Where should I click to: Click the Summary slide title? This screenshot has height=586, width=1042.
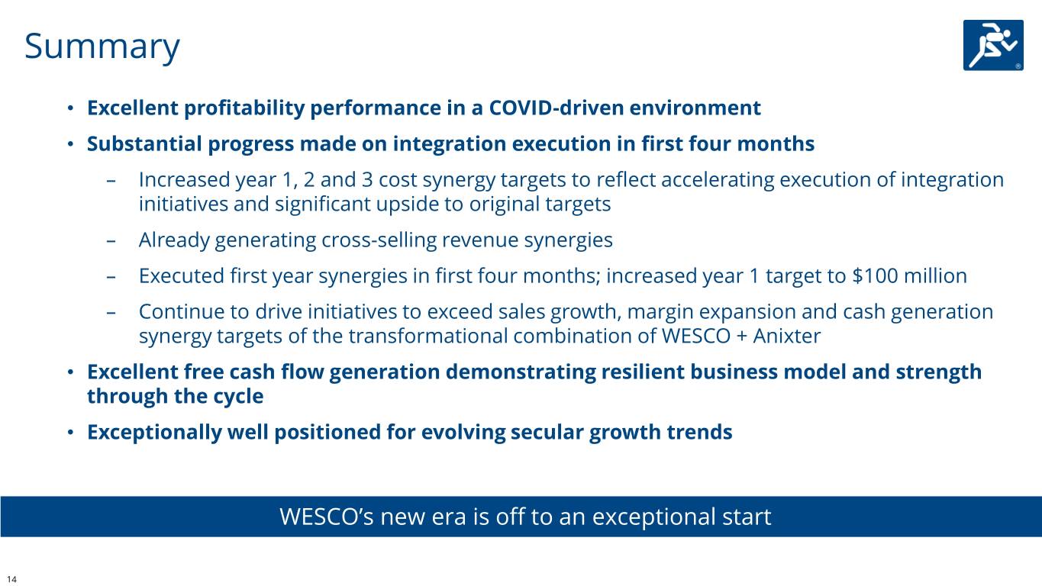[x=102, y=47]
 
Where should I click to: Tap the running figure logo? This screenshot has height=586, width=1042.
[x=993, y=45]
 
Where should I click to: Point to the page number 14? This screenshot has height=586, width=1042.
[x=11, y=579]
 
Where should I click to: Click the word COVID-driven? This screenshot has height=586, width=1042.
[x=556, y=108]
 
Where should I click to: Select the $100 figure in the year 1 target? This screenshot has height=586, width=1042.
[x=875, y=275]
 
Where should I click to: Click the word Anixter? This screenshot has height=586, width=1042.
[x=786, y=336]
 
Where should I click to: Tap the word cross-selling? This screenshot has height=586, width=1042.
[x=379, y=240]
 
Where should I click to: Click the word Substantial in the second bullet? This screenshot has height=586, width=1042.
[x=144, y=143]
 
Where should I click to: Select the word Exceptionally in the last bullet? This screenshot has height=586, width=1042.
[x=154, y=433]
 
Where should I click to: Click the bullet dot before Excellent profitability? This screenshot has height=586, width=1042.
[x=70, y=108]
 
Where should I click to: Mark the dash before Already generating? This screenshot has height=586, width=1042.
[x=111, y=241]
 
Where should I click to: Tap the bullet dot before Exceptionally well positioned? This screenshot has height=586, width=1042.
[x=70, y=433]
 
